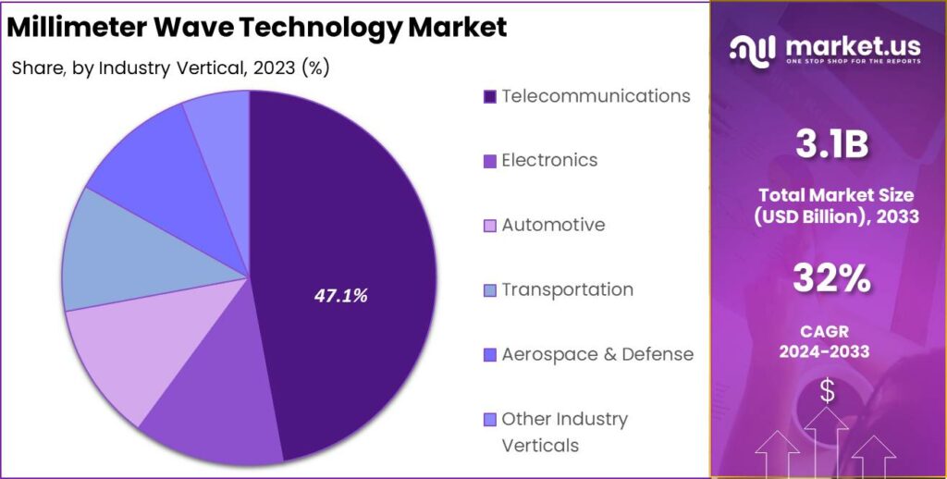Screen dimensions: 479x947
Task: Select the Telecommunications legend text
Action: [596, 95]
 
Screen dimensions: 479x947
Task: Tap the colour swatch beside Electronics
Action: [490, 161]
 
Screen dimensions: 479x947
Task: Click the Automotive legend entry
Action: [553, 225]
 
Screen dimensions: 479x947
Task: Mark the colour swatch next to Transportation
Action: [490, 290]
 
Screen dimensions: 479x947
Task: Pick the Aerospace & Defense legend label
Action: [597, 354]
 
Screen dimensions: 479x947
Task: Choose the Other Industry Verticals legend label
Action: [564, 432]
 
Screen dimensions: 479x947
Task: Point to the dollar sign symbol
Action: [827, 391]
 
